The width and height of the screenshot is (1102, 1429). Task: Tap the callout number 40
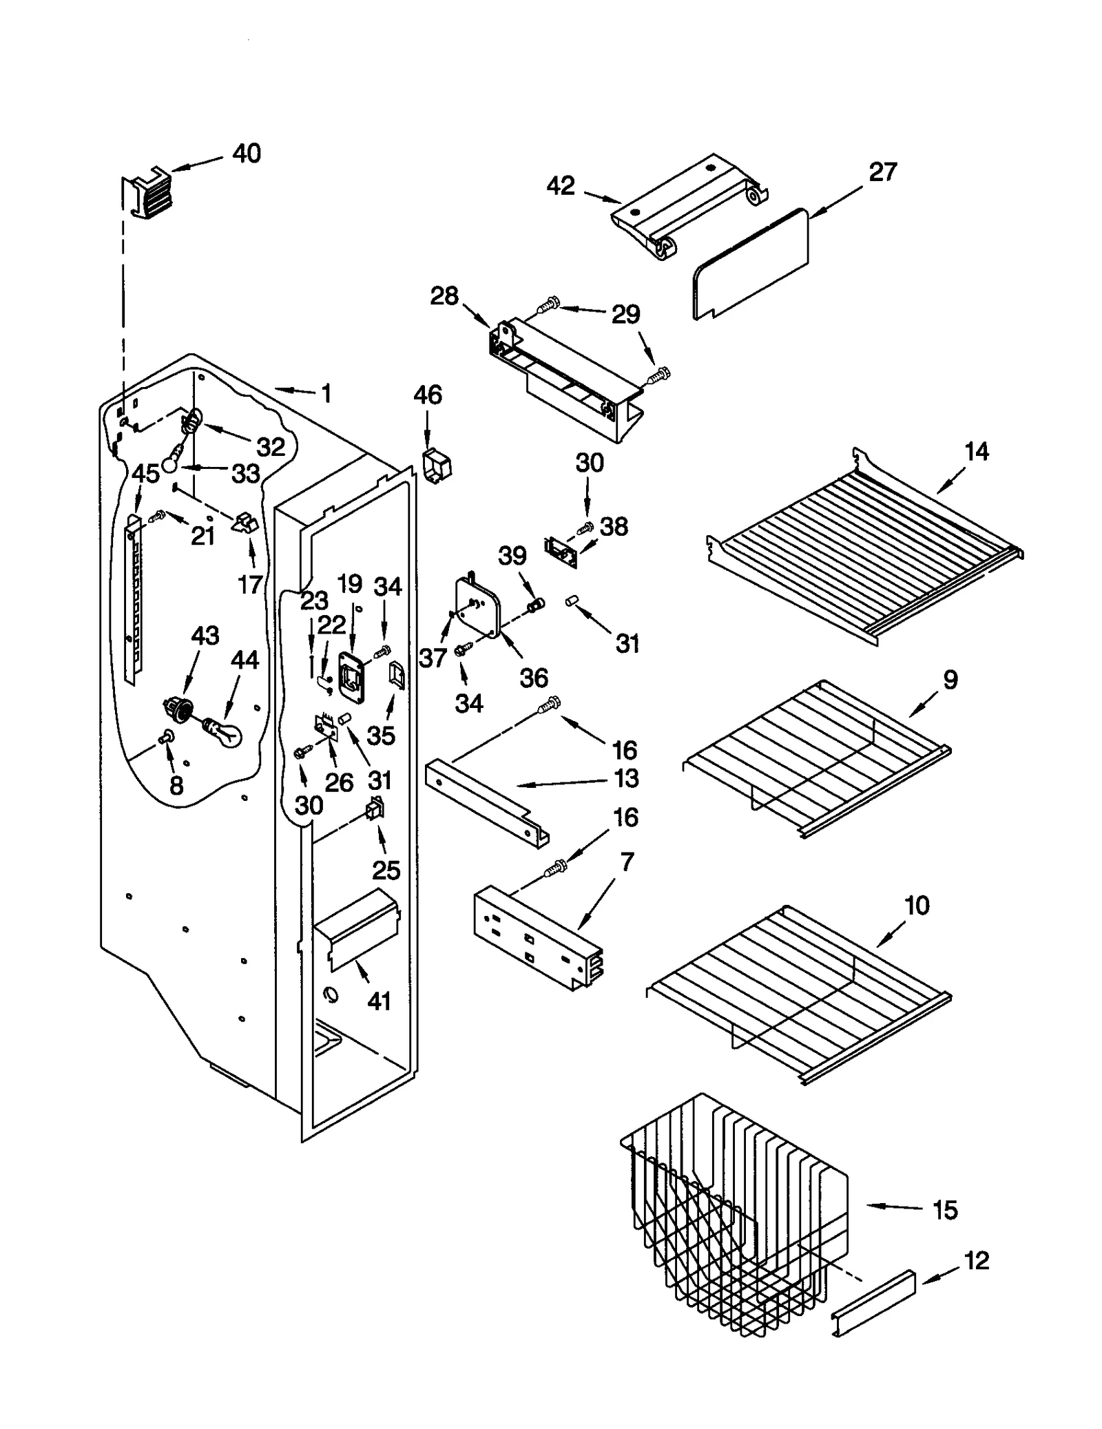click(x=246, y=153)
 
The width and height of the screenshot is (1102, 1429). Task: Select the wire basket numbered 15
click(x=737, y=1219)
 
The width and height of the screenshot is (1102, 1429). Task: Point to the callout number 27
click(x=882, y=171)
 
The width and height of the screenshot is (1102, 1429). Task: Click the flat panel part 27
click(x=751, y=265)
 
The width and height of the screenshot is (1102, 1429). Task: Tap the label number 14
click(x=976, y=452)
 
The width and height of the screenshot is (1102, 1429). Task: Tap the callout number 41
click(x=379, y=1000)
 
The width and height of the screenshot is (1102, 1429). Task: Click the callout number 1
click(x=326, y=394)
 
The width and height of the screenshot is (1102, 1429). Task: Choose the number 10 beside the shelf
click(x=916, y=905)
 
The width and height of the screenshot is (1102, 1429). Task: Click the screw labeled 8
click(x=165, y=738)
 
